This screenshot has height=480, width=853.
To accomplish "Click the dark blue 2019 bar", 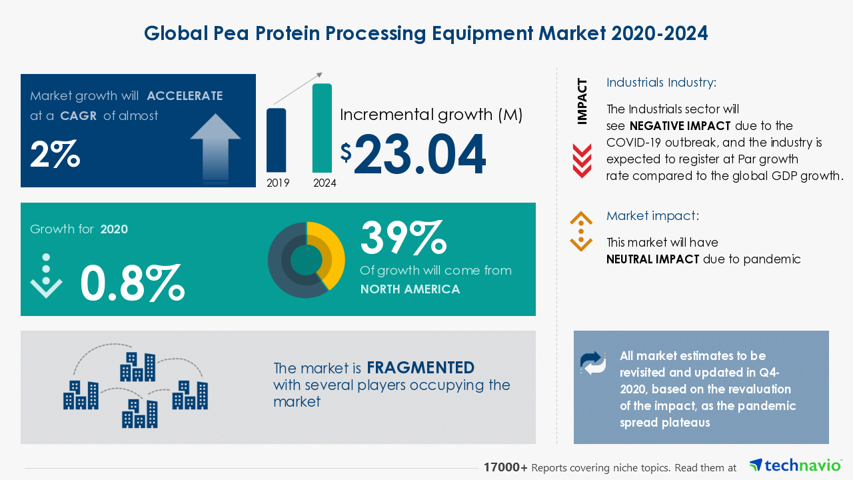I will [276, 140].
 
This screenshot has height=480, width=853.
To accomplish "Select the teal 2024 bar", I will [322, 128].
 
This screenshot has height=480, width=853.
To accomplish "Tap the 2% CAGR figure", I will [55, 155].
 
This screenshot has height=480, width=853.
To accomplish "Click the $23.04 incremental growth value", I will [419, 155].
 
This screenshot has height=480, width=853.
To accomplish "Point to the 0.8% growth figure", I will [131, 283].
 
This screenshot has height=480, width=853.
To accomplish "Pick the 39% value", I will [403, 238].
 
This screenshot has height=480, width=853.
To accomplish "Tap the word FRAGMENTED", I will [421, 368].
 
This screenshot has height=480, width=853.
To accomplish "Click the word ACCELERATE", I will [185, 96].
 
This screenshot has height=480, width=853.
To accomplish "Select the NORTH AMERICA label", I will [410, 289].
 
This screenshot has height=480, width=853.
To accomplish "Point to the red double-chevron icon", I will [582, 161].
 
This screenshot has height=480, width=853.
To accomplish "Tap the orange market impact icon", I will [581, 231].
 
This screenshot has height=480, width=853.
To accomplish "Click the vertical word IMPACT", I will [582, 101].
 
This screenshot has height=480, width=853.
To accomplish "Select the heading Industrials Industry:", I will [661, 83].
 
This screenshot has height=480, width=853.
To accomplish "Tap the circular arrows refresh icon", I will [593, 362].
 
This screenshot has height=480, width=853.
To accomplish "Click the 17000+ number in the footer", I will [506, 468].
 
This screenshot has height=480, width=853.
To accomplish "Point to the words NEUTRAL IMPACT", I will [652, 259].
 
